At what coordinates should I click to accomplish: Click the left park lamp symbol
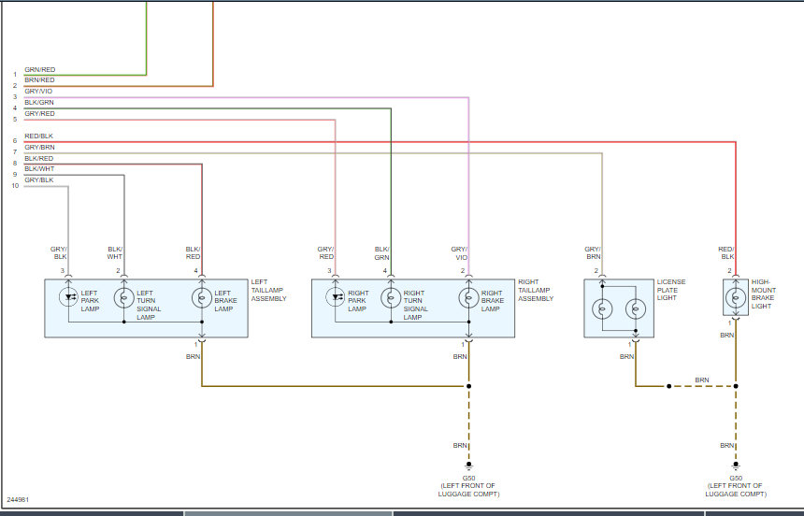pyautogui.click(x=68, y=298)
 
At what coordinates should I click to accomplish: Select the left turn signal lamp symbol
pyautogui.click(x=123, y=298)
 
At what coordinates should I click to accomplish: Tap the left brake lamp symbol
pyautogui.click(x=201, y=298)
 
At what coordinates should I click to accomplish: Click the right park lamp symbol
pyautogui.click(x=335, y=298)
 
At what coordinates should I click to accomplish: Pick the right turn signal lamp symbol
pyautogui.click(x=390, y=298)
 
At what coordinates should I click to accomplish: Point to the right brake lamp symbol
pyautogui.click(x=467, y=298)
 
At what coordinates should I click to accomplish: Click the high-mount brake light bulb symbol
pyautogui.click(x=736, y=298)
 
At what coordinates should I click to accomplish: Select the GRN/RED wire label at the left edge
pyautogui.click(x=39, y=69)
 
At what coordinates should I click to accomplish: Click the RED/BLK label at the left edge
pyautogui.click(x=39, y=136)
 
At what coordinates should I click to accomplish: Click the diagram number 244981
pyautogui.click(x=18, y=499)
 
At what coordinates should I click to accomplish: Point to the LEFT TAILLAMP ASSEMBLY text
pyautogui.click(x=268, y=290)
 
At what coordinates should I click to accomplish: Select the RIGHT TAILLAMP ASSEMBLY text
pyautogui.click(x=536, y=290)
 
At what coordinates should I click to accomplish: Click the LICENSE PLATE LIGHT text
pyautogui.click(x=672, y=290)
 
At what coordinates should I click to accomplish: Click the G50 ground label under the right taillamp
pyautogui.click(x=467, y=478)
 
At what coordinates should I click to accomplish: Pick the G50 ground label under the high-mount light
pyautogui.click(x=736, y=478)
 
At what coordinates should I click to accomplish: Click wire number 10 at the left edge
pyautogui.click(x=15, y=186)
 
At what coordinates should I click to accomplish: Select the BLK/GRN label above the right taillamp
pyautogui.click(x=381, y=252)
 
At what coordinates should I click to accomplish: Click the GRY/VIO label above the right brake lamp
pyautogui.click(x=459, y=252)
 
